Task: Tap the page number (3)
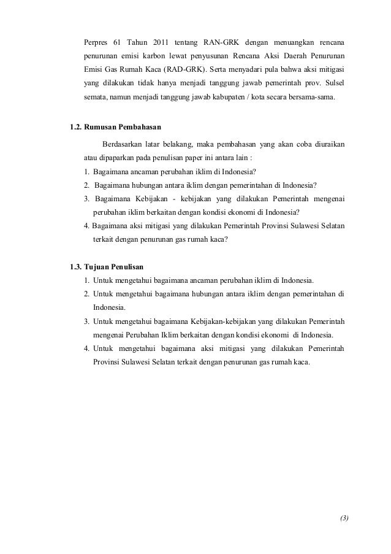(x=344, y=518)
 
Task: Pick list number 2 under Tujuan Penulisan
(x=87, y=294)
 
